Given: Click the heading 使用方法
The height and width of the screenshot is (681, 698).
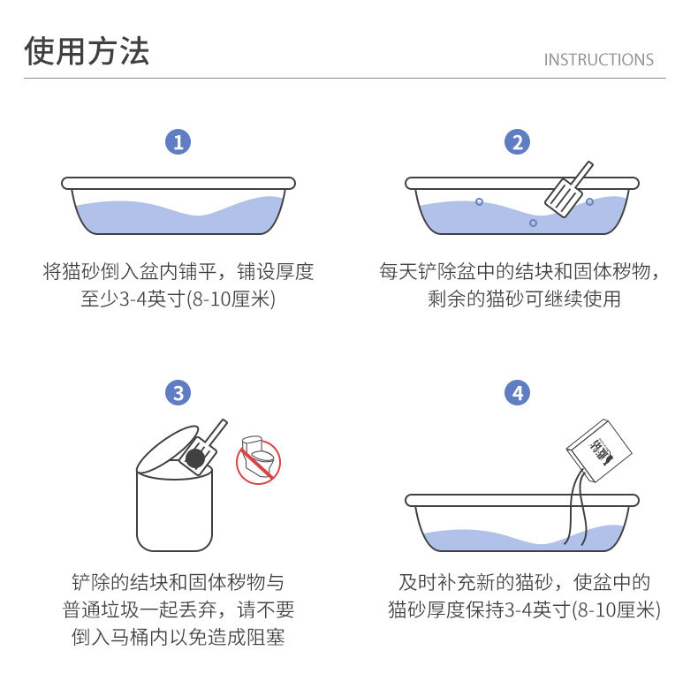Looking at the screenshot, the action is (87, 50).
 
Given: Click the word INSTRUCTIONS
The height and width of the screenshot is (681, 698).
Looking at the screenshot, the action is (599, 60).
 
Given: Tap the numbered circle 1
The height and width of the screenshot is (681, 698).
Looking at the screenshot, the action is (178, 142).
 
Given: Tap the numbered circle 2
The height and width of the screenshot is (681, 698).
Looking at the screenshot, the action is (517, 142).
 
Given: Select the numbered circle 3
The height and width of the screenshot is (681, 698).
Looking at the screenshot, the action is (178, 392).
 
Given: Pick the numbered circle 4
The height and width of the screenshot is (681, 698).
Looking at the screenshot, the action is (517, 392).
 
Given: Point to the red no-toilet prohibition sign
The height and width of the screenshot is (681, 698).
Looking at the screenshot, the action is (258, 461).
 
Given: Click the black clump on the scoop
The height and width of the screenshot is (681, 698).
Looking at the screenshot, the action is (195, 458).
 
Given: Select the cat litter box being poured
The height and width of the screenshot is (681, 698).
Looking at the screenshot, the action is (599, 450).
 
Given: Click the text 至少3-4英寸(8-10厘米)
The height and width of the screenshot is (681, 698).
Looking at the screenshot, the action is (178, 299).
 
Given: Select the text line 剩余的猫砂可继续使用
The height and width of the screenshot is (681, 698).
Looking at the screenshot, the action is (524, 299).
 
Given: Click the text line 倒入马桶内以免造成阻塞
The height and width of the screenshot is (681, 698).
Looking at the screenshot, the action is (178, 638).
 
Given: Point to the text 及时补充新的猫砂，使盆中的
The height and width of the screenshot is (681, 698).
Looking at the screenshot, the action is (524, 582).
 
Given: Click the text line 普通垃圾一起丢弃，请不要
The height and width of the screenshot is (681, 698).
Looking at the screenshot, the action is (178, 609).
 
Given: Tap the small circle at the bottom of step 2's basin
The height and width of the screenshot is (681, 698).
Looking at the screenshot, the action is (533, 223).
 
